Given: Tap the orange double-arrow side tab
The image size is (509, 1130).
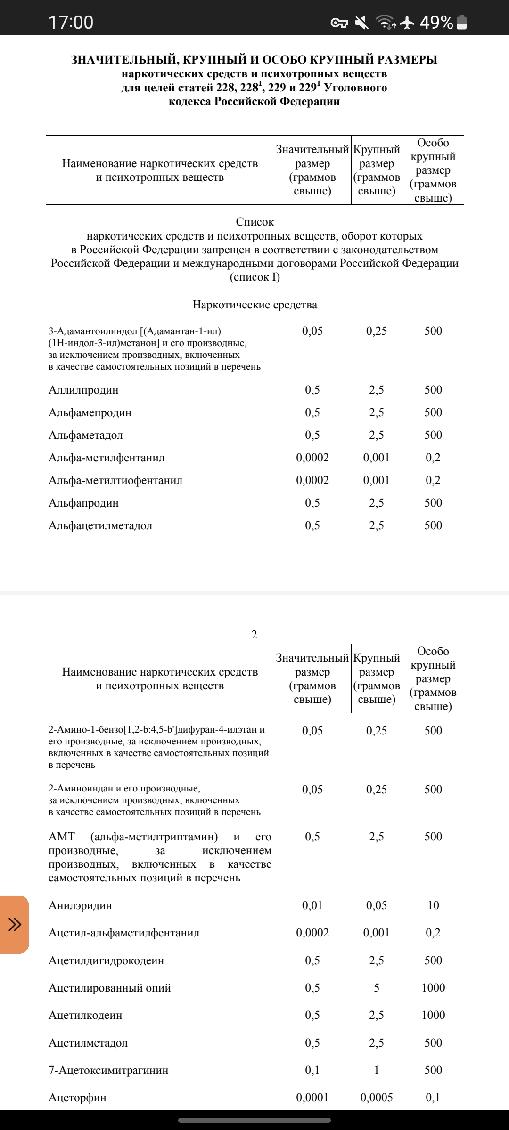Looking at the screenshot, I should tap(14, 925).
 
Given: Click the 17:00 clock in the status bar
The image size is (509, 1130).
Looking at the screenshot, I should tap(71, 22).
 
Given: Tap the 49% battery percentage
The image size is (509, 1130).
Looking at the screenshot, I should tap(436, 22).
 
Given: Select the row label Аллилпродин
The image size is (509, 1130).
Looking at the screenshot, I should tap(83, 390).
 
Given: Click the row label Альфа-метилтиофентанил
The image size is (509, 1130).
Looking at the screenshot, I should tap(115, 480).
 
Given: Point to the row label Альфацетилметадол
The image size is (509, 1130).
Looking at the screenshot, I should tap(100, 525).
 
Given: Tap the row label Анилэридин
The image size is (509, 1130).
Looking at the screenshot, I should tap(80, 905).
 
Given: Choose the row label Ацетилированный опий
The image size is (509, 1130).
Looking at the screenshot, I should tap(110, 988).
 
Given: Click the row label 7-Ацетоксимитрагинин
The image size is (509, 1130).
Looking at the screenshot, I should tap(108, 1070).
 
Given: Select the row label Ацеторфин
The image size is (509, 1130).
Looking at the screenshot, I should tap(77, 1098).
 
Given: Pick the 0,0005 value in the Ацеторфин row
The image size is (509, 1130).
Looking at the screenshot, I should tap(377, 1098).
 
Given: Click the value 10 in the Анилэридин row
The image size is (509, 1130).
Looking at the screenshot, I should tap(433, 905).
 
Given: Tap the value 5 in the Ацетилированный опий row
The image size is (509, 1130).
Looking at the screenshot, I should tap(377, 988).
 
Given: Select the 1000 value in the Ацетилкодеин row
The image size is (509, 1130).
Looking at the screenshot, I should tap(433, 1015).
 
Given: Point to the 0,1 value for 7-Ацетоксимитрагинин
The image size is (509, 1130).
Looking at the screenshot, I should tap(312, 1070).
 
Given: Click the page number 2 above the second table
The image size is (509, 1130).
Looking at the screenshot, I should tap(254, 635).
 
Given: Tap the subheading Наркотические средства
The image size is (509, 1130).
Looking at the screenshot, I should tap(254, 305).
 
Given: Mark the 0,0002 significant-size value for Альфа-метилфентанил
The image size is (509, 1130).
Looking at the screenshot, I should tap(312, 458).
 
